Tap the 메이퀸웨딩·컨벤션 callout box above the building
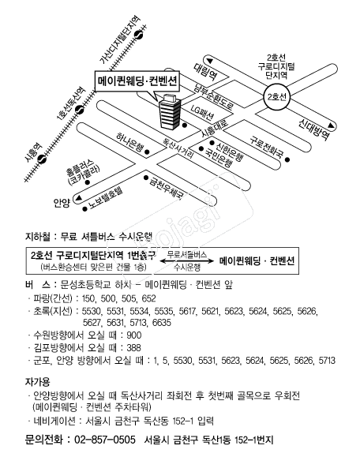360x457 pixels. [x=138, y=81]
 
